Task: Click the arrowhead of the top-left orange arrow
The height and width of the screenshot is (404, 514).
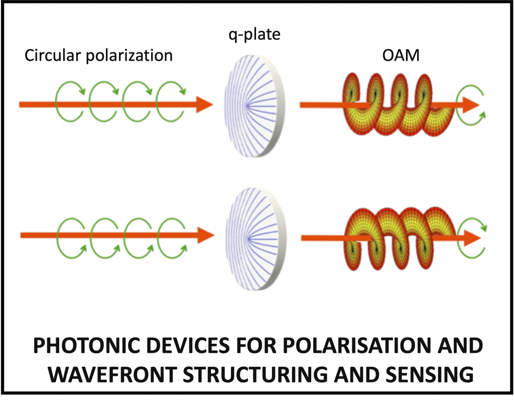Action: [204, 104]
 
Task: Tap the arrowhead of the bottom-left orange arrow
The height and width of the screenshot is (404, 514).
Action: [206, 235]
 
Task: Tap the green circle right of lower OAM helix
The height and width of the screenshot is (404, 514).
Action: [472, 238]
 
